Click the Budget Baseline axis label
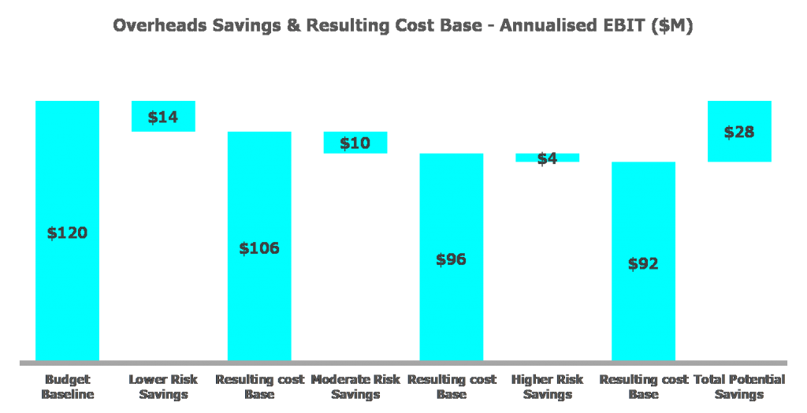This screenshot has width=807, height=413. (x=67, y=387)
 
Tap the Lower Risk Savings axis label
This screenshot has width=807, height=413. (x=163, y=387)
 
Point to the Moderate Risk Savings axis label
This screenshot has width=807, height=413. (x=355, y=387)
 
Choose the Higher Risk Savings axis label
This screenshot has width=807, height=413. (x=548, y=387)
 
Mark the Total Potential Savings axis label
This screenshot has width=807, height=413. (x=739, y=387)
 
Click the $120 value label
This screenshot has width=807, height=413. (x=67, y=233)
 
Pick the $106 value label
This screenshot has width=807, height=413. (x=259, y=248)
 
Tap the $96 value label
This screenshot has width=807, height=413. (x=452, y=259)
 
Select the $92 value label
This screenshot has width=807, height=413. (x=644, y=264)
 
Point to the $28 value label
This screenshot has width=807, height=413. (x=739, y=132)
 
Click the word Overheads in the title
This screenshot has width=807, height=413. (x=155, y=25)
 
